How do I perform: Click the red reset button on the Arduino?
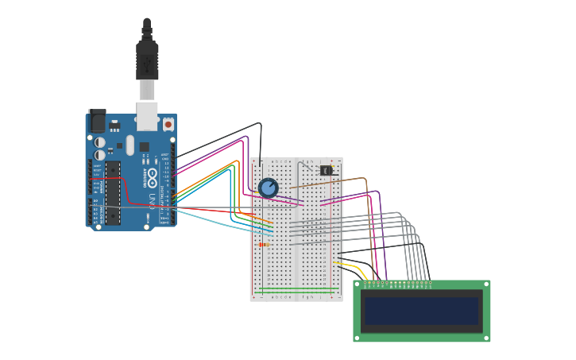[168, 125]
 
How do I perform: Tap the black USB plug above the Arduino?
[147, 60]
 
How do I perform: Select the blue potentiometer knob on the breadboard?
[269, 188]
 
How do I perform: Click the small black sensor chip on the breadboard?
[326, 170]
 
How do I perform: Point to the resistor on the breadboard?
[263, 245]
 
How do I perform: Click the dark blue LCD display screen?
[421, 311]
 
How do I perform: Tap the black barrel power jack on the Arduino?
[97, 121]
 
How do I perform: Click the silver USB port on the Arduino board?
[147, 115]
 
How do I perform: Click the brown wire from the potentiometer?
[334, 182]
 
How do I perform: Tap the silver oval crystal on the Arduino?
[130, 145]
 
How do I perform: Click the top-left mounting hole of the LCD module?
[357, 284]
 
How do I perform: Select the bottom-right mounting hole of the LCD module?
[486, 338]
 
